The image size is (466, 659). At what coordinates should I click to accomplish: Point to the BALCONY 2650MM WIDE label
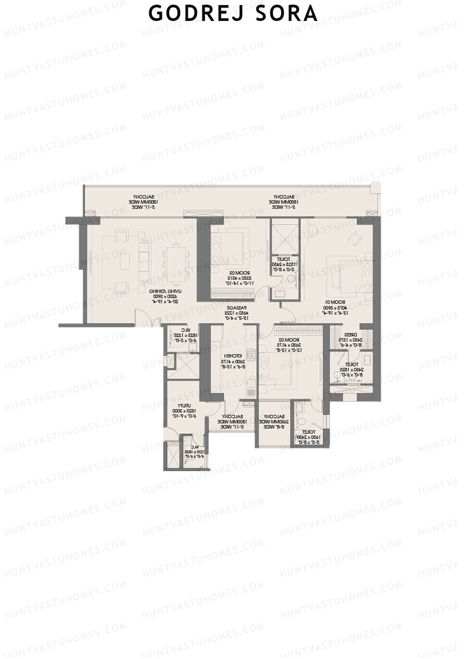click(x=275, y=421)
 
